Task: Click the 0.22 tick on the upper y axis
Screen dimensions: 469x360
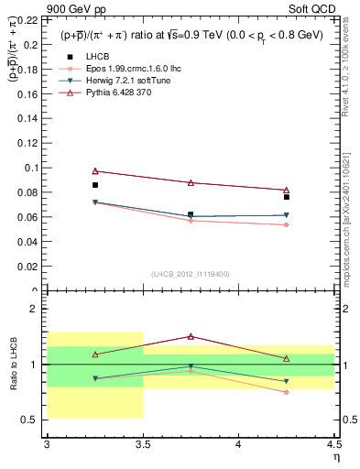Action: click(x=31, y=18)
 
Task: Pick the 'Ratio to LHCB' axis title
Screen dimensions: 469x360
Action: click(x=13, y=364)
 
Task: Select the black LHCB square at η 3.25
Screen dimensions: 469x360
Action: click(x=94, y=185)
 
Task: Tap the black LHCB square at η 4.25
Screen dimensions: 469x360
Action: click(x=287, y=197)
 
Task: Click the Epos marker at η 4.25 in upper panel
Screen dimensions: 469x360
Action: click(x=287, y=225)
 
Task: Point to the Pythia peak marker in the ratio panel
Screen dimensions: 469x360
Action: click(x=191, y=336)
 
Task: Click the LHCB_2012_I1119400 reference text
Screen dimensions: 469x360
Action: click(x=191, y=274)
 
